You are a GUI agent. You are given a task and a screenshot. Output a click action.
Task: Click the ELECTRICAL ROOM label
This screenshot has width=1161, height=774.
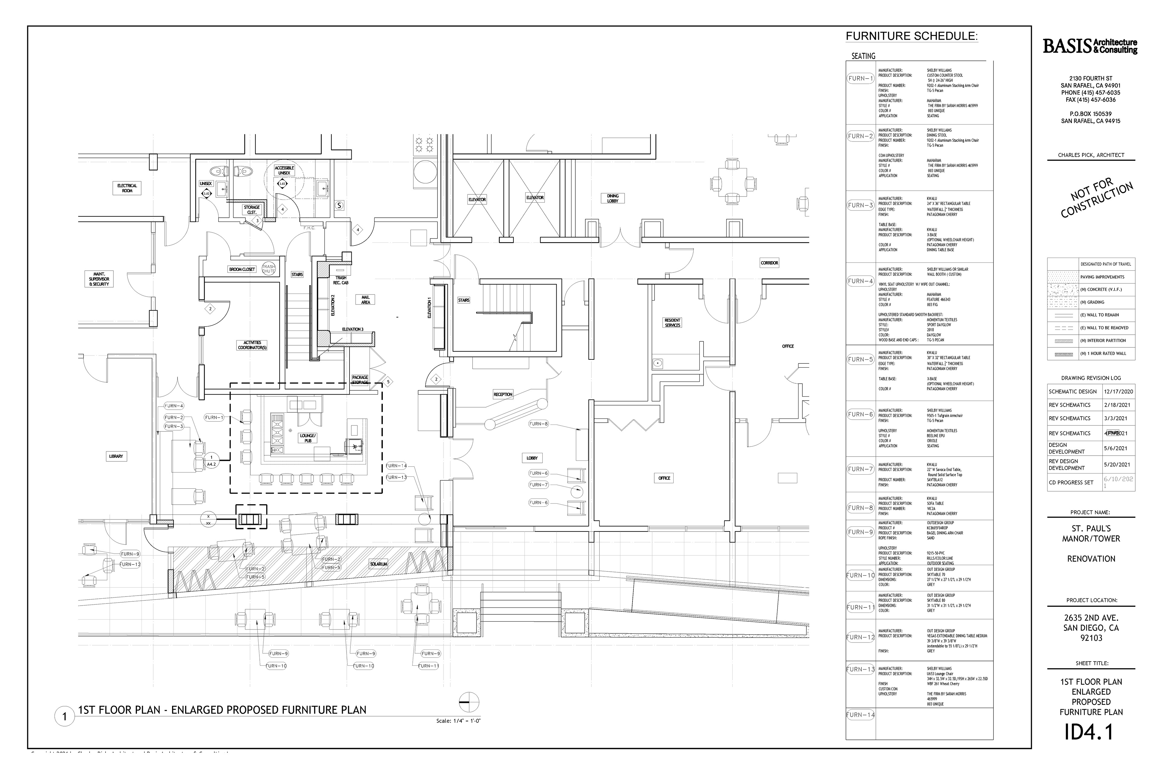(127, 188)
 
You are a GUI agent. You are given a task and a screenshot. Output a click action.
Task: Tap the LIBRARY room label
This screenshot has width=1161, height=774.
(116, 456)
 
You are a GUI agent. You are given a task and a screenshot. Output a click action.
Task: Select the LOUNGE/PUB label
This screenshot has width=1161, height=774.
(307, 438)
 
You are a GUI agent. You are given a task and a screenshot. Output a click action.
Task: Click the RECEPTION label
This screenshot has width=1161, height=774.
(503, 394)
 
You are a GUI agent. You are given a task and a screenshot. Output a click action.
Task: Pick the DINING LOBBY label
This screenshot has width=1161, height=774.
(613, 198)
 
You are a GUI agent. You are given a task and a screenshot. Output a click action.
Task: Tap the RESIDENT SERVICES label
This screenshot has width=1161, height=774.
(672, 323)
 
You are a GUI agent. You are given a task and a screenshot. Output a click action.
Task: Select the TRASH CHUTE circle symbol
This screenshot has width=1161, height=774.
(268, 268)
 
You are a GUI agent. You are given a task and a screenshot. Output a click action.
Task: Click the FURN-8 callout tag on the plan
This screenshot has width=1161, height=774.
(538, 424)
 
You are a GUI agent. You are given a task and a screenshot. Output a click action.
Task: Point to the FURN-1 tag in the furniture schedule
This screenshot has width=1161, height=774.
(860, 79)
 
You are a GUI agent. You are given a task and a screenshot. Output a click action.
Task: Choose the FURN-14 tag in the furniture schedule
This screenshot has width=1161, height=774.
(860, 715)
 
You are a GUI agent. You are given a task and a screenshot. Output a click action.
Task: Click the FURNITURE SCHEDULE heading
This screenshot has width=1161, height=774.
(911, 36)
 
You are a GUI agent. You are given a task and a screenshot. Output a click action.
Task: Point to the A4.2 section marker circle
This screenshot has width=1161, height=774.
(211, 460)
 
